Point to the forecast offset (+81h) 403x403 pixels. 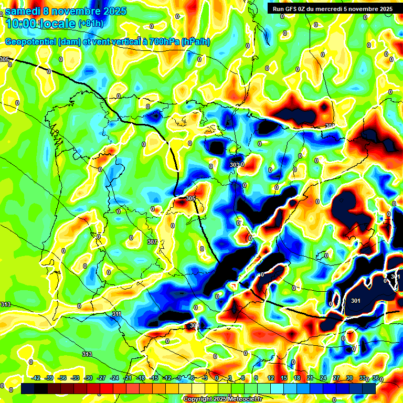pyautogui.click(x=90, y=24)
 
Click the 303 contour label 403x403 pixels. pyautogui.click(x=235, y=165)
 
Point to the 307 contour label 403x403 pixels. pyautogui.click(x=152, y=242)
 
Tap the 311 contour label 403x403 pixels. pyautogui.click(x=116, y=314)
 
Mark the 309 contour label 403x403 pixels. pyautogui.click(x=194, y=325)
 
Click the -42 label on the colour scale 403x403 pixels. pyautogui.click(x=36, y=378)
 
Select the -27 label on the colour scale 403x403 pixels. pyautogui.click(x=101, y=378)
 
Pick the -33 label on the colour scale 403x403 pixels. pyautogui.click(x=75, y=378)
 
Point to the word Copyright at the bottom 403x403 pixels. pyautogui.click(x=198, y=399)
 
